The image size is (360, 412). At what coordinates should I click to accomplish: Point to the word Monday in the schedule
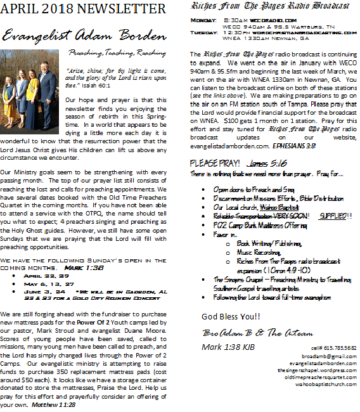204,20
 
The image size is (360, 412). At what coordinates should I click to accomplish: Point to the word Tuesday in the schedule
205,32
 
